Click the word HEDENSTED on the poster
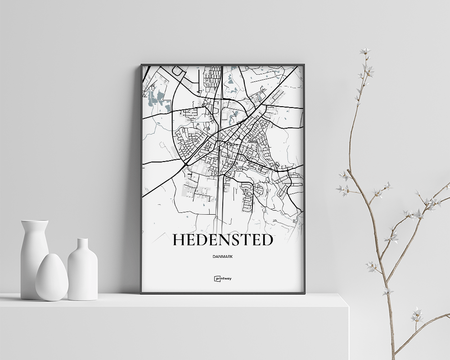click(x=223, y=240)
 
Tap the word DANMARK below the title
click(x=223, y=256)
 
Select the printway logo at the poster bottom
click(x=223, y=278)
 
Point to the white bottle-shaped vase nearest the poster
click(x=82, y=272)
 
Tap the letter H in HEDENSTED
click(x=179, y=240)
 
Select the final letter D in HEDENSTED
click(x=267, y=240)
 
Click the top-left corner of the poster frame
click(x=141, y=65)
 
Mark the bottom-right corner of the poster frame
click(x=304, y=293)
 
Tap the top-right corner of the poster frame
click(x=304, y=65)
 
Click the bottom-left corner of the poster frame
click(x=141, y=293)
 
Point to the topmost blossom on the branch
click(x=364, y=51)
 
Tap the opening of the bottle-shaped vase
click(x=82, y=240)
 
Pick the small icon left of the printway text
click(x=216, y=278)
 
